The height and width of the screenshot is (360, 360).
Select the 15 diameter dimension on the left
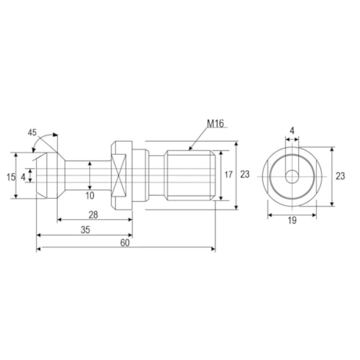[x=10, y=178]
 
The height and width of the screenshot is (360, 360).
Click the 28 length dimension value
[x=93, y=214]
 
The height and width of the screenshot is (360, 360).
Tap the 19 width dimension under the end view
[x=292, y=221]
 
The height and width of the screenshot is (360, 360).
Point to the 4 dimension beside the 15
[x=23, y=178]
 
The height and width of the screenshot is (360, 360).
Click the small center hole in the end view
[x=291, y=177]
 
